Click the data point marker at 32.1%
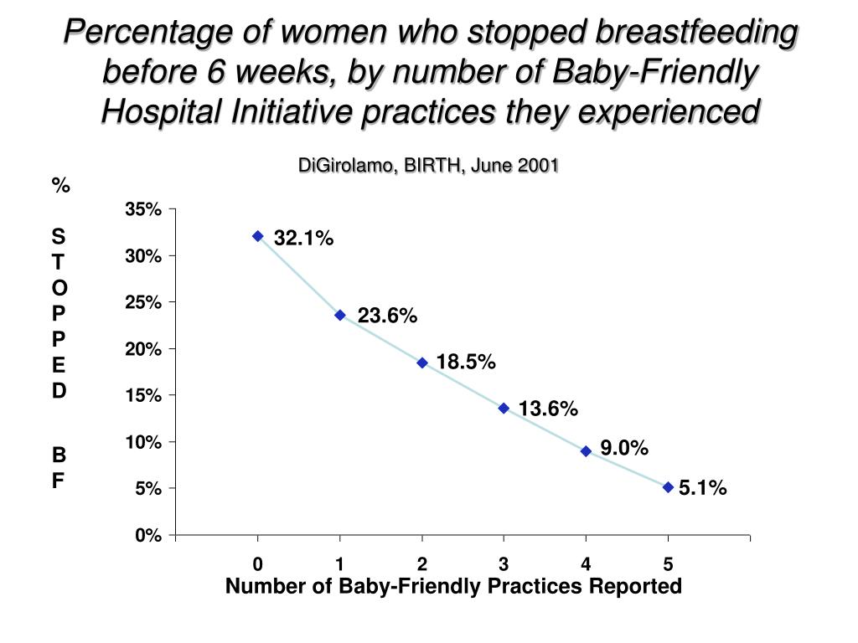click(258, 236)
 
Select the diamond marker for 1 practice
click(340, 315)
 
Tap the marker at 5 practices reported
click(668, 486)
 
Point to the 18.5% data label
click(466, 363)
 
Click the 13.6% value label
click(548, 409)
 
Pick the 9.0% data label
click(624, 449)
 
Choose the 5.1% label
click(703, 488)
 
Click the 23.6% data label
click(387, 316)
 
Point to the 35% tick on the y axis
click(142, 209)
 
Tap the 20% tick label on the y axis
click(142, 348)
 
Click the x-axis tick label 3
click(504, 563)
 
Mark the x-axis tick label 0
click(258, 563)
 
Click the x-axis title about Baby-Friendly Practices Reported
click(453, 586)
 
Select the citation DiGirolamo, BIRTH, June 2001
click(428, 165)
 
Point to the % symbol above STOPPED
click(59, 186)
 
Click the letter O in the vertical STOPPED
click(59, 287)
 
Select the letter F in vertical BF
click(59, 481)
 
